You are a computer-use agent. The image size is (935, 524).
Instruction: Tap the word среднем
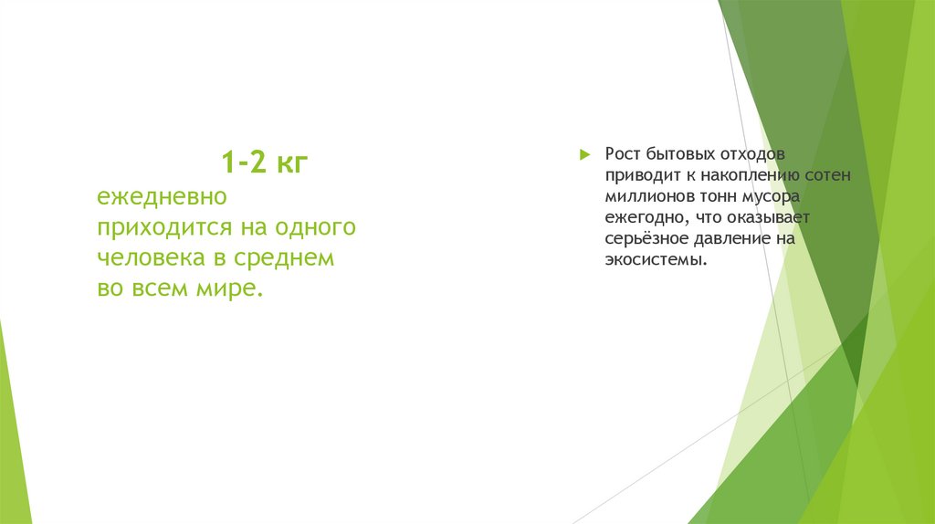285,257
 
